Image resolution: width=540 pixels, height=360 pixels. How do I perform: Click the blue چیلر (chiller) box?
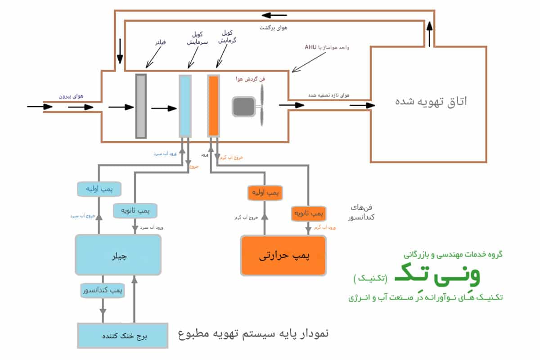pyautogui.click(x=118, y=255)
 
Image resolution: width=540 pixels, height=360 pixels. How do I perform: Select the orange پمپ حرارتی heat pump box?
pyautogui.click(x=283, y=256)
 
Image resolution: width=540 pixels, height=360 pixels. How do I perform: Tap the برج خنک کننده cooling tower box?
pyautogui.click(x=122, y=336)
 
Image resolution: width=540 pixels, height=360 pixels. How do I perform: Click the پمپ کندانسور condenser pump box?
pyautogui.click(x=103, y=290)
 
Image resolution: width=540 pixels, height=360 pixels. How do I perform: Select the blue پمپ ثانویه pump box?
pyautogui.click(x=135, y=210)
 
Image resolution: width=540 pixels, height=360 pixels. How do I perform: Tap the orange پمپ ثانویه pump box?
pyautogui.click(x=309, y=213)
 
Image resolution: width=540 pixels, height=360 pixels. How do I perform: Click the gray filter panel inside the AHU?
pyautogui.click(x=141, y=106)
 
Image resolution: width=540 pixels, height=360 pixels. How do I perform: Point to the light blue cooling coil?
pyautogui.click(x=185, y=106)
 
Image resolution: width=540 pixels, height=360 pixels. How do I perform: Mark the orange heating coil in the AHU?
pyautogui.click(x=213, y=106)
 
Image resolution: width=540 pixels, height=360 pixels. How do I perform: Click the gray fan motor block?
pyautogui.click(x=243, y=107)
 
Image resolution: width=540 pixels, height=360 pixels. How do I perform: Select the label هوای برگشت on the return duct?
pyautogui.click(x=273, y=28)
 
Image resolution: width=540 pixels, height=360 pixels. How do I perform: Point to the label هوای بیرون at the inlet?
pyautogui.click(x=71, y=96)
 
